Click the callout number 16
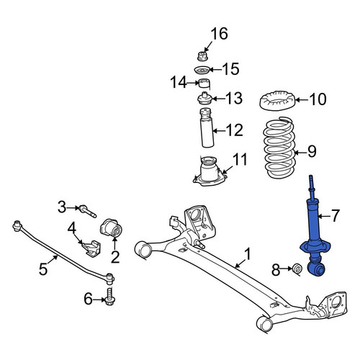[219, 34]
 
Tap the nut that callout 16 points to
[202, 56]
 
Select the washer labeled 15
[202, 71]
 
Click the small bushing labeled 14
[204, 84]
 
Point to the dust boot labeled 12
[207, 127]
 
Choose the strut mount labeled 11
[210, 171]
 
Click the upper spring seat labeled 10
[277, 101]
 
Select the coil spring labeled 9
[279, 147]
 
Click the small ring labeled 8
[297, 269]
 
